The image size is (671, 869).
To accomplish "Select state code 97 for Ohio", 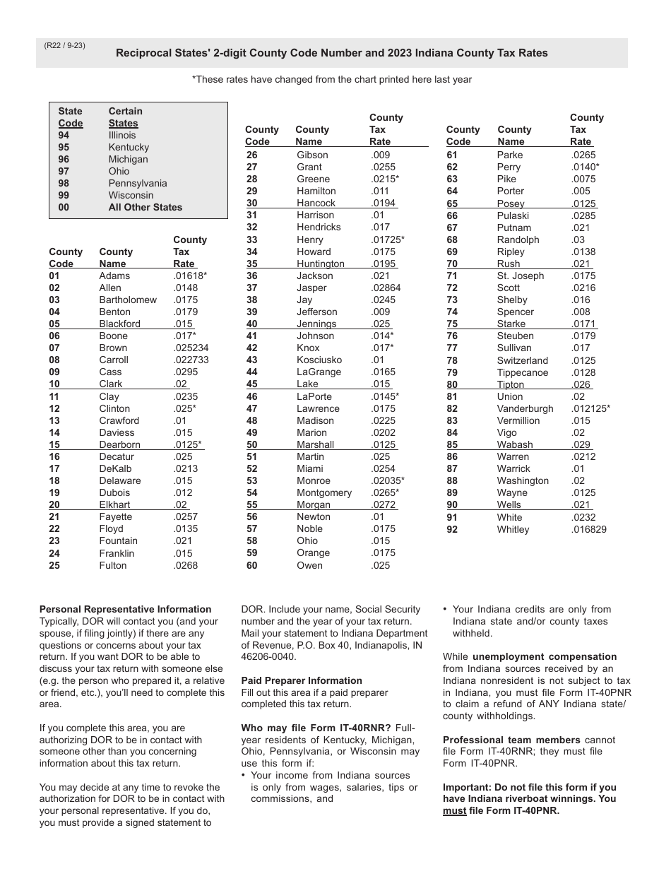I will coord(64,171).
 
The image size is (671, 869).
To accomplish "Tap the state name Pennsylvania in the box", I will coord(138,183).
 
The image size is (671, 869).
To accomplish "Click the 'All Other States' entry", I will coord(145,207).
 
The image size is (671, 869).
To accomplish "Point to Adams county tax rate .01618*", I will coord(190,276).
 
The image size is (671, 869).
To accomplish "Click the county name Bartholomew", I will coord(128,300).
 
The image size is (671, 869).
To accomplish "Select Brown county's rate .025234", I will coord(191,348).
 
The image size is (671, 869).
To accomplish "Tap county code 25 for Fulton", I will coord(54,565).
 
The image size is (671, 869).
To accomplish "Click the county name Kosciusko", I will coord(319,360).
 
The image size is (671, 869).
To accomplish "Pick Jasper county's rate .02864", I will coord(386,288).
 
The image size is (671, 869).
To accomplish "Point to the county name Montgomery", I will coord(324,492).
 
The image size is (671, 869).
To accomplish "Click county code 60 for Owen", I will coord(252,565).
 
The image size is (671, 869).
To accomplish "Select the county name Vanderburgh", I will coord(525,408).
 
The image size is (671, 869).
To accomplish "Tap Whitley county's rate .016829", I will coord(588,529).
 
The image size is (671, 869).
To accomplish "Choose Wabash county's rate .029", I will coord(581,444).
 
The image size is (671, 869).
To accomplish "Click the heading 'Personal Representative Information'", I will coord(125,609).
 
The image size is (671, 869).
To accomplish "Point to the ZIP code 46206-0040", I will coord(271,657).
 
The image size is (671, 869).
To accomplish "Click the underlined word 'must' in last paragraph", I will coord(454,810).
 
